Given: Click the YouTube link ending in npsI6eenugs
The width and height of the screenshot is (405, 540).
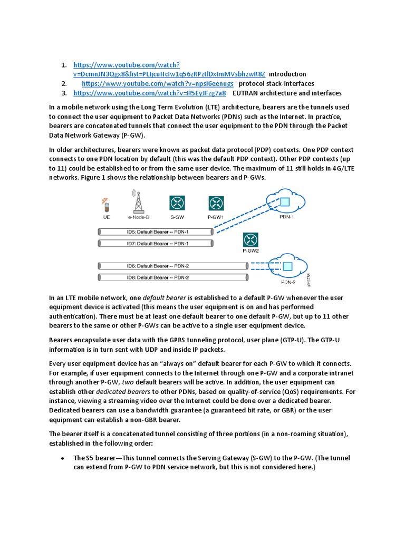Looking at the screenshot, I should coord(158,84).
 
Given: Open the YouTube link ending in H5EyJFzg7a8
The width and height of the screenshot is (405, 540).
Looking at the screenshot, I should coord(149,93).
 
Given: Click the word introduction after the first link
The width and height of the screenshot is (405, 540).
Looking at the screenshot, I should coord(287,74).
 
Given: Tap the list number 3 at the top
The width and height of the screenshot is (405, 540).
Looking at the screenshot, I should coord(63,93).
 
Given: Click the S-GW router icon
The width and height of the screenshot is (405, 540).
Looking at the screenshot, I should coord(177,203).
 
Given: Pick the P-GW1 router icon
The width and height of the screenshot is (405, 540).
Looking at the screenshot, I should coord(216,203).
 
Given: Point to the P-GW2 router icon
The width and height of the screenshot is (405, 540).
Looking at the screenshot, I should coord(250,240).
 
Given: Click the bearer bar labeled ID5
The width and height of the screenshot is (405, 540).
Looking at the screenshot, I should coord(156,232).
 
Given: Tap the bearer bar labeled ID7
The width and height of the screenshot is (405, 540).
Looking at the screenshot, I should coord(156,243).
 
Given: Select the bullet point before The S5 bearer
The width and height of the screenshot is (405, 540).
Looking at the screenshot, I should coord(62,458).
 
